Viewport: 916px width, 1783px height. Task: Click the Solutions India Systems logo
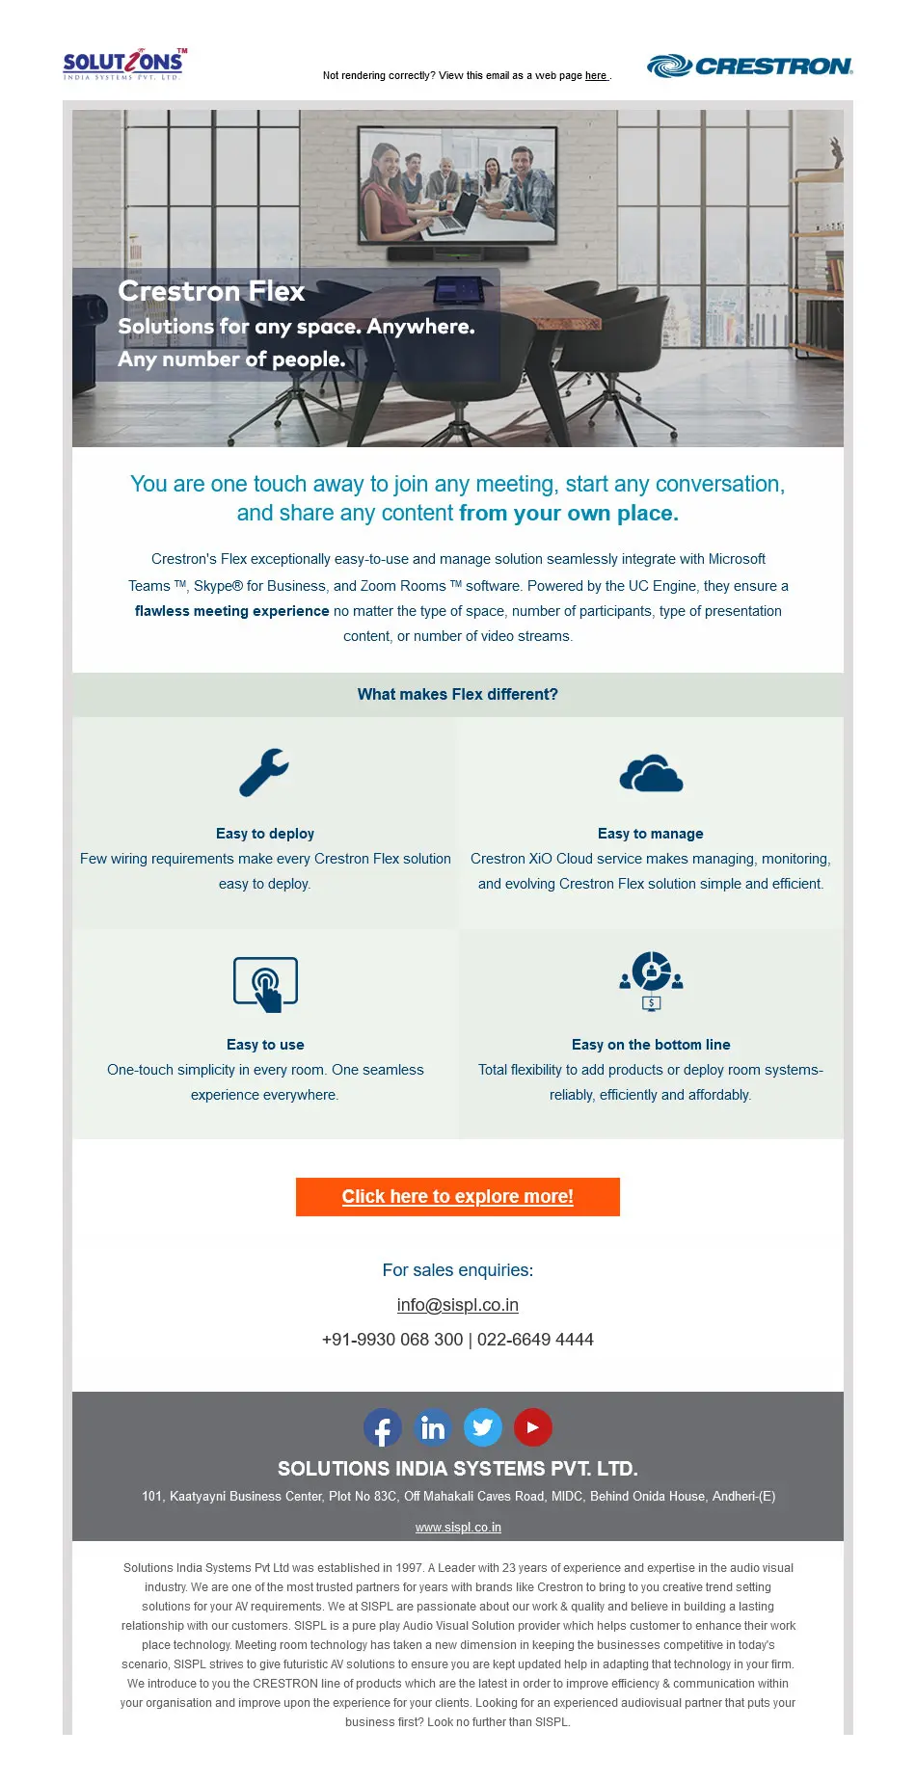click(123, 65)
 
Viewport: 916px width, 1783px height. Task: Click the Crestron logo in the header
click(749, 66)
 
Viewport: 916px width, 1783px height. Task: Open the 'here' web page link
click(596, 75)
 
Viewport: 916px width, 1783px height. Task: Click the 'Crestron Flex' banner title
click(211, 291)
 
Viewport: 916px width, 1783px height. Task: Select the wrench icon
click(264, 773)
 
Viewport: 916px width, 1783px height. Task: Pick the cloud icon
click(651, 774)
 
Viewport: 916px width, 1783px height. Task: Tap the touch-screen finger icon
click(265, 984)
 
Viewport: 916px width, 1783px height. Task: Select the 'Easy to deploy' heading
click(265, 834)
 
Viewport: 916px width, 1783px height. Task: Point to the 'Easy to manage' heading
click(651, 834)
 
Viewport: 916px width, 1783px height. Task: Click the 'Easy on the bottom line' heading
click(651, 1045)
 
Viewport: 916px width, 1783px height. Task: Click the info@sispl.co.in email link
click(458, 1305)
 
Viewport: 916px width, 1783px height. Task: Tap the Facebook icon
click(383, 1427)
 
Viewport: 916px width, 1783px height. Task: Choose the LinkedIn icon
click(433, 1427)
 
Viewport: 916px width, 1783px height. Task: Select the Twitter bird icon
click(483, 1427)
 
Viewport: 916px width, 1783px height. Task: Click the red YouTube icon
click(533, 1427)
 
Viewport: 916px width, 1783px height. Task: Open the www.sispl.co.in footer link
click(458, 1527)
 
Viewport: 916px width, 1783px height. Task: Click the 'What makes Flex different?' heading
click(458, 695)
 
